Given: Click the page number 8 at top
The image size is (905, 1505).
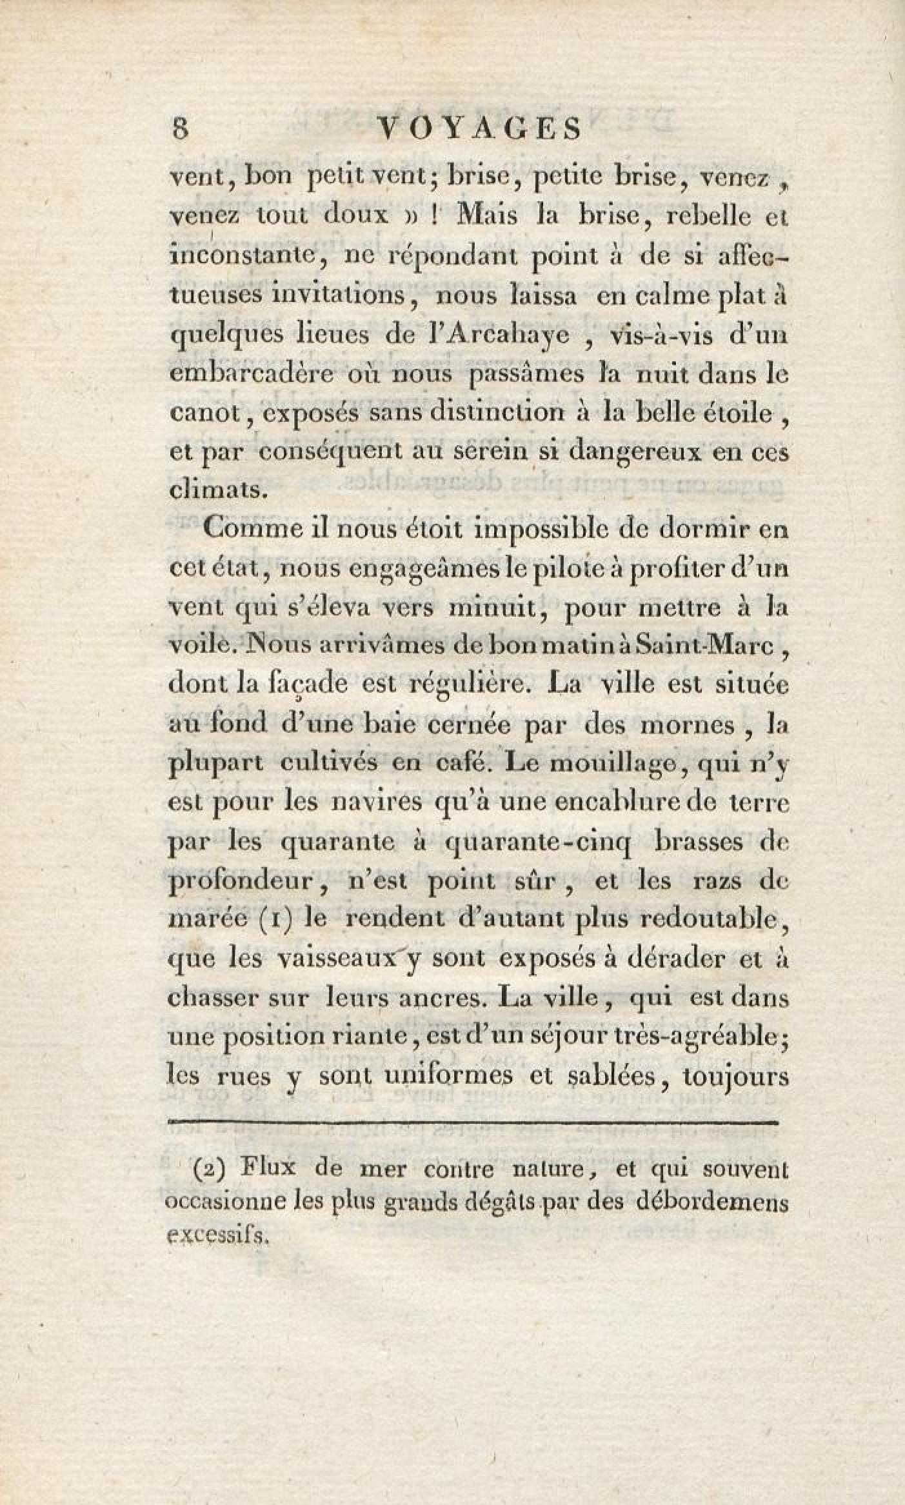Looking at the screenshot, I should (180, 128).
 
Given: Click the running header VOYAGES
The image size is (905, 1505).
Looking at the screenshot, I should (478, 128).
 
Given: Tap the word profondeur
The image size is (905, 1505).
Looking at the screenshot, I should (246, 882).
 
